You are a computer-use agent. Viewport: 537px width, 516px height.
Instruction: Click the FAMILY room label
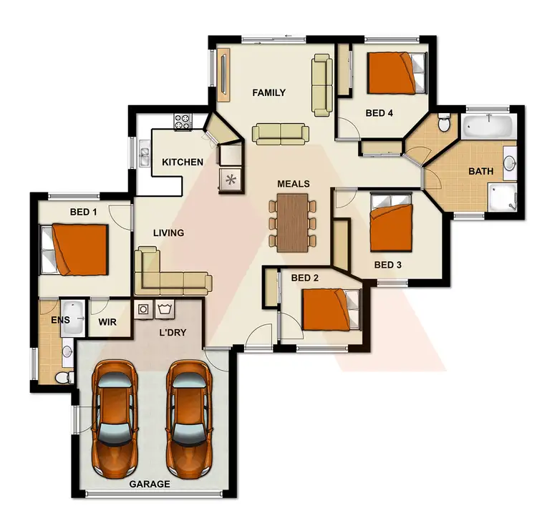click(269, 92)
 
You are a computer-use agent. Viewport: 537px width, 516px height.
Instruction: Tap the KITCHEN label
click(182, 162)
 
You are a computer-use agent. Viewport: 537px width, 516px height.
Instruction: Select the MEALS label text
click(294, 184)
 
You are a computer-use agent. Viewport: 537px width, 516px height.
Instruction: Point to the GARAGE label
click(150, 485)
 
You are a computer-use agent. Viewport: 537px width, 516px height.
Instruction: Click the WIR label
click(107, 321)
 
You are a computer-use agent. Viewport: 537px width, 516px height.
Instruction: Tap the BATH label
click(480, 172)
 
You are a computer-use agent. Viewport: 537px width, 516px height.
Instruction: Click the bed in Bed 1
click(75, 249)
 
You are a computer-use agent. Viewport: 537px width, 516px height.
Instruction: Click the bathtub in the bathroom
click(488, 127)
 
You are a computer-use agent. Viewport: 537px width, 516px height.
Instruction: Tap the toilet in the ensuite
click(62, 376)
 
